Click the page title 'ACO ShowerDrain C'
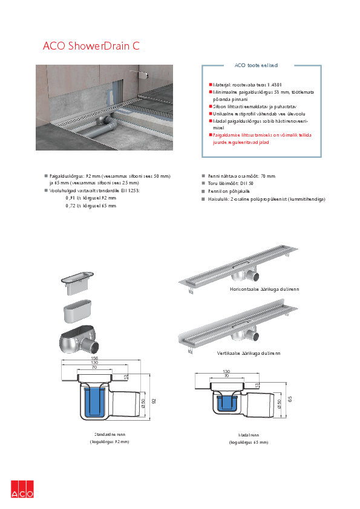[x=91, y=45]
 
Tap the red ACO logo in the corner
[x=22, y=489]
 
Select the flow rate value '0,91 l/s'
[x=73, y=198]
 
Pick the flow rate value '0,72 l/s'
[x=73, y=206]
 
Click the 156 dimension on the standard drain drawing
[x=94, y=358]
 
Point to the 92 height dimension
[x=154, y=401]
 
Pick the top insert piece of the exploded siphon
[x=76, y=278]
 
